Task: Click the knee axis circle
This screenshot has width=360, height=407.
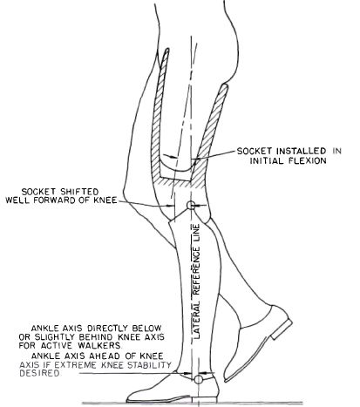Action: click(x=190, y=205)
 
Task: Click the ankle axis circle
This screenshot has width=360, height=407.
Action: click(x=199, y=379)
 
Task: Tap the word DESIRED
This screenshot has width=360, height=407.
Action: click(x=40, y=373)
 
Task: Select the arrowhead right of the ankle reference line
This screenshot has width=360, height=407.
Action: click(x=202, y=373)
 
